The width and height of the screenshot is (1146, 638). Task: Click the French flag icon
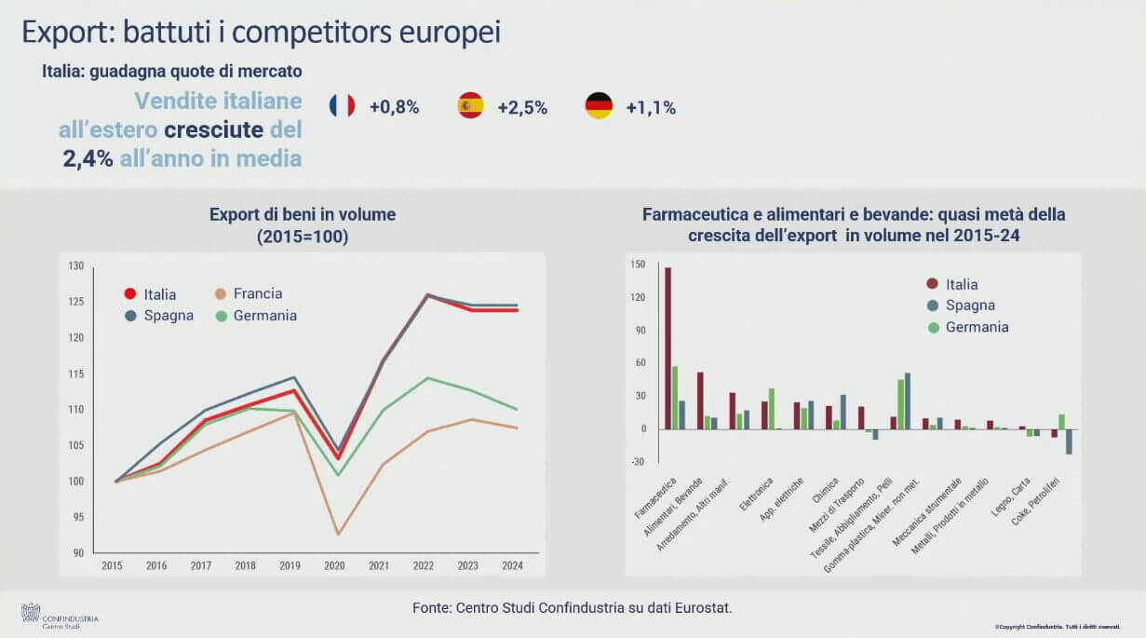(x=342, y=106)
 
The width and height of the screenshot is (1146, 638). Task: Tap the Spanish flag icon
(x=470, y=106)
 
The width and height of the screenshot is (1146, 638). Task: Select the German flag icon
(x=599, y=106)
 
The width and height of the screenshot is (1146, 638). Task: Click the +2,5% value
(x=522, y=107)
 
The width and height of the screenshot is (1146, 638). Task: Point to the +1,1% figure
(x=651, y=107)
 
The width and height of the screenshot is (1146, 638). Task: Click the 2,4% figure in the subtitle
(x=88, y=158)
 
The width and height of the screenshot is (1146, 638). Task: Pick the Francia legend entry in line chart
(x=257, y=293)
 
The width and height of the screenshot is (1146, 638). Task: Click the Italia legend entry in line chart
(x=159, y=294)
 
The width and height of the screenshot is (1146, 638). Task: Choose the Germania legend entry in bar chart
(x=977, y=327)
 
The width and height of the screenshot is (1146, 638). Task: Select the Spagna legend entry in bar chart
(x=970, y=305)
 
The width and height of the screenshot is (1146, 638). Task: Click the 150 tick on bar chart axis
(x=638, y=265)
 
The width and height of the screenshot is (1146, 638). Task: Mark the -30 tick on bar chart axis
(x=638, y=462)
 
